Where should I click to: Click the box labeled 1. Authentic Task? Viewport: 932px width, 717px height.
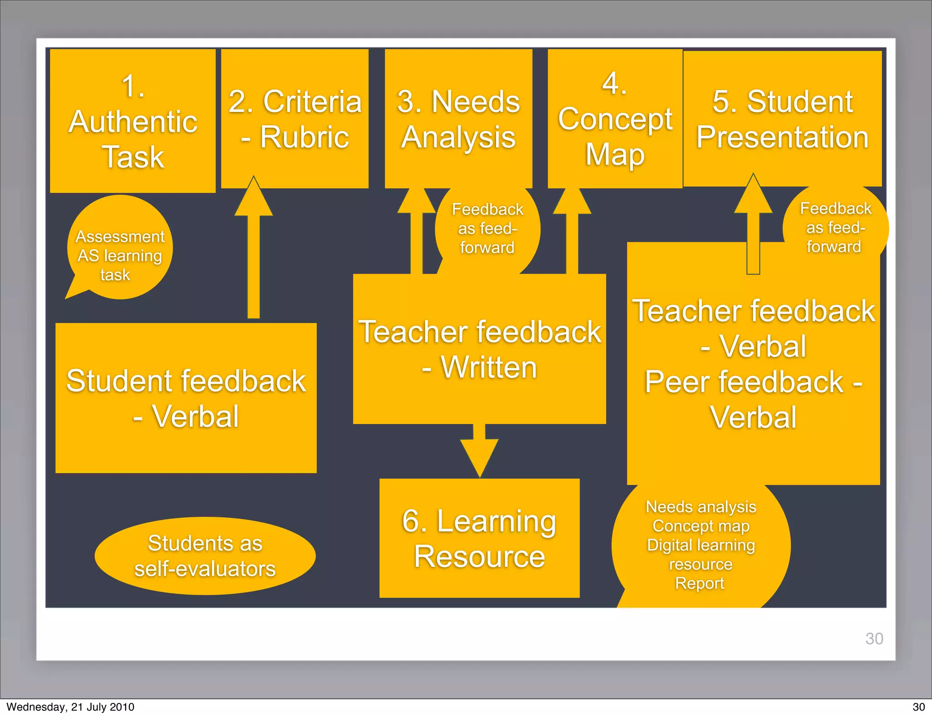click(x=132, y=121)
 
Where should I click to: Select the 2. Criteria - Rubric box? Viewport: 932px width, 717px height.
click(x=295, y=119)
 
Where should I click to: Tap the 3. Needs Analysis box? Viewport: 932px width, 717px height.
click(x=458, y=119)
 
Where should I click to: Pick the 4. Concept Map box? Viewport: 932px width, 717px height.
click(x=615, y=119)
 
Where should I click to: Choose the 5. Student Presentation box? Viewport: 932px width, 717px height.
click(x=782, y=119)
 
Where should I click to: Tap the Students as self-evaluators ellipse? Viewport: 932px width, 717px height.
click(x=205, y=555)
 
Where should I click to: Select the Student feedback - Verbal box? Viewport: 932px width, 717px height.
click(x=186, y=398)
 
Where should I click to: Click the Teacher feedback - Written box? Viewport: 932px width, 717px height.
click(x=479, y=349)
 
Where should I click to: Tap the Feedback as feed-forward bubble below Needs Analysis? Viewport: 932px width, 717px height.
click(x=487, y=228)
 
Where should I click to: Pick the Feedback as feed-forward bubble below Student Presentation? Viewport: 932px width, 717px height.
click(x=835, y=227)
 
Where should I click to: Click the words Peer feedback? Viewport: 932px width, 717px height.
click(x=744, y=382)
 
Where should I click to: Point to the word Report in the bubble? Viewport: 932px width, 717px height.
click(x=699, y=583)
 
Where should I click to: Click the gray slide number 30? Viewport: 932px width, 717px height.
click(x=874, y=638)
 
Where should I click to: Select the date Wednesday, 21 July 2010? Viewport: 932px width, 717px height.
click(x=71, y=707)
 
